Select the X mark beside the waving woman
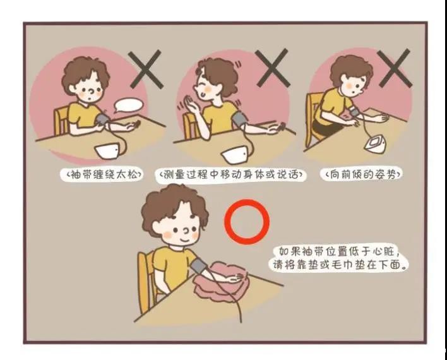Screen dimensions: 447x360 click(273, 68)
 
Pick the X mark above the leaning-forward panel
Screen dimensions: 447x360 click(395, 68)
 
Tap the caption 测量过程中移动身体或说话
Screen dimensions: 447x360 click(231, 174)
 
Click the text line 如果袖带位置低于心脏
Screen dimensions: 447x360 click(338, 252)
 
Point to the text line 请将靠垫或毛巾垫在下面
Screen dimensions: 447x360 click(339, 265)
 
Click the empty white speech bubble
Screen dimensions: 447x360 click(129, 105)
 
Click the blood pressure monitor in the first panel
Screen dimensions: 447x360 click(107, 151)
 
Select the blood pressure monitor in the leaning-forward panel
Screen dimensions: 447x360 click(376, 143)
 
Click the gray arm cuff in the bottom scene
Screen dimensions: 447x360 click(199, 265)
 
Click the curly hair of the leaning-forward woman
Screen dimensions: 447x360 click(351, 68)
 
